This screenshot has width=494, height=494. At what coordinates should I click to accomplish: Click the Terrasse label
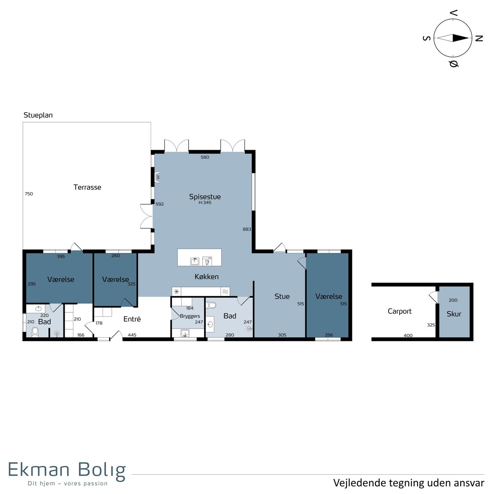click(x=87, y=187)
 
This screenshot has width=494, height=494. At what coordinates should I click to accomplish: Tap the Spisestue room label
click(x=205, y=197)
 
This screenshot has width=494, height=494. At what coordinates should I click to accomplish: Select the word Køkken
click(x=207, y=277)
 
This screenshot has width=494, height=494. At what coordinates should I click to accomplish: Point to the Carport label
click(x=399, y=312)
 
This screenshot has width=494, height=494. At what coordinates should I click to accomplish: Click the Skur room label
click(x=454, y=314)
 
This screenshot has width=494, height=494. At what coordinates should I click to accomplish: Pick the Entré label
click(x=132, y=319)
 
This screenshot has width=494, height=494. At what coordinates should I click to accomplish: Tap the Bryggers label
click(x=190, y=316)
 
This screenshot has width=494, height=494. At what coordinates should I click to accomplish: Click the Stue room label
click(x=282, y=296)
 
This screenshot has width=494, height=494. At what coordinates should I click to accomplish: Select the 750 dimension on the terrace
click(x=29, y=194)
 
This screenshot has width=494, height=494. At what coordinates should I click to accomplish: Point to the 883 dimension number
click(x=247, y=229)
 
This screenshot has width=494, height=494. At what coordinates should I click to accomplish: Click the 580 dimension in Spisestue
click(x=205, y=157)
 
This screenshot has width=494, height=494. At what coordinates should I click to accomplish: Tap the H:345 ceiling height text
click(x=205, y=203)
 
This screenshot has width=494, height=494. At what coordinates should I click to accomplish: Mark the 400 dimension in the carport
click(x=408, y=336)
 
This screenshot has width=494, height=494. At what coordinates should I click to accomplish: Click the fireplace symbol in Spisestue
click(x=157, y=177)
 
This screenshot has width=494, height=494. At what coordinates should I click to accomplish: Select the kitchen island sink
click(x=195, y=261)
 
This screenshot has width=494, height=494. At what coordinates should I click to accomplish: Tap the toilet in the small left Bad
click(x=35, y=332)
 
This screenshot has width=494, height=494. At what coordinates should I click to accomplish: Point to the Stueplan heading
click(x=38, y=115)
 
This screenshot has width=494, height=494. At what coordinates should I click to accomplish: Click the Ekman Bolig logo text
click(x=67, y=470)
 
